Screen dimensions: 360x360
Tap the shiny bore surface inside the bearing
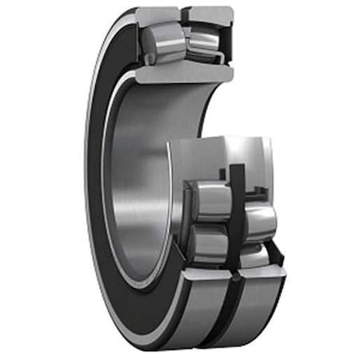click(136, 184)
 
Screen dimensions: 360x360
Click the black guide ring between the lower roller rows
click(234, 216)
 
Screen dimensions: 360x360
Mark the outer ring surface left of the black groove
click(200, 316)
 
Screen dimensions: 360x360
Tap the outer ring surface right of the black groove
click(256, 316)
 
